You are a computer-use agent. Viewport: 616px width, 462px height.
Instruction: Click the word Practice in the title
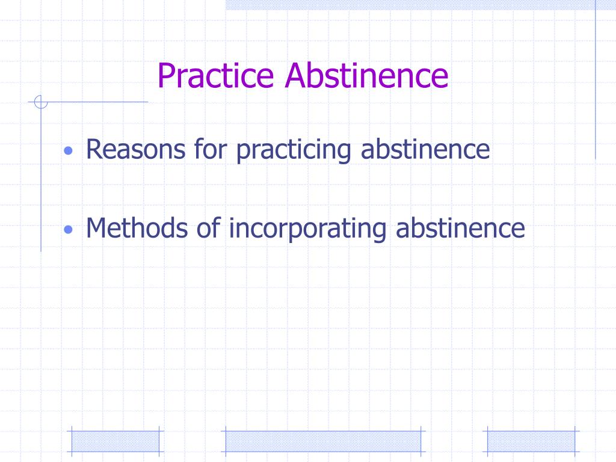[218, 76]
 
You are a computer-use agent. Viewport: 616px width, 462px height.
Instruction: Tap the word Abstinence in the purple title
[367, 76]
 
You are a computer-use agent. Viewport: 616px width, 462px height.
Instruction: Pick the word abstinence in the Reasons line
[425, 149]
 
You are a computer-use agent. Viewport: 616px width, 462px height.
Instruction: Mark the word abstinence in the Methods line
[460, 228]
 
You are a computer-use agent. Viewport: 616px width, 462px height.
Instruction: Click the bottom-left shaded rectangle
[115, 441]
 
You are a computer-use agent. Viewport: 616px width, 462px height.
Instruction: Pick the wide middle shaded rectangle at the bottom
[322, 441]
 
